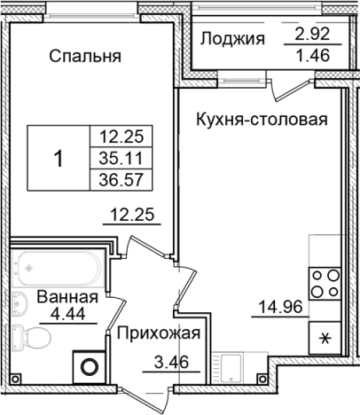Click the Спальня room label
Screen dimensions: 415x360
click(85, 58)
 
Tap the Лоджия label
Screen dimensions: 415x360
click(233, 38)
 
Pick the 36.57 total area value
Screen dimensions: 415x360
click(123, 182)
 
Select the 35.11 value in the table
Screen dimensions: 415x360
click(123, 161)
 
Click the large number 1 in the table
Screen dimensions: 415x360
click(59, 160)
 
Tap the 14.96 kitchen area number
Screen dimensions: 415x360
click(277, 309)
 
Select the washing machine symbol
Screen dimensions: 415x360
click(88, 365)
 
